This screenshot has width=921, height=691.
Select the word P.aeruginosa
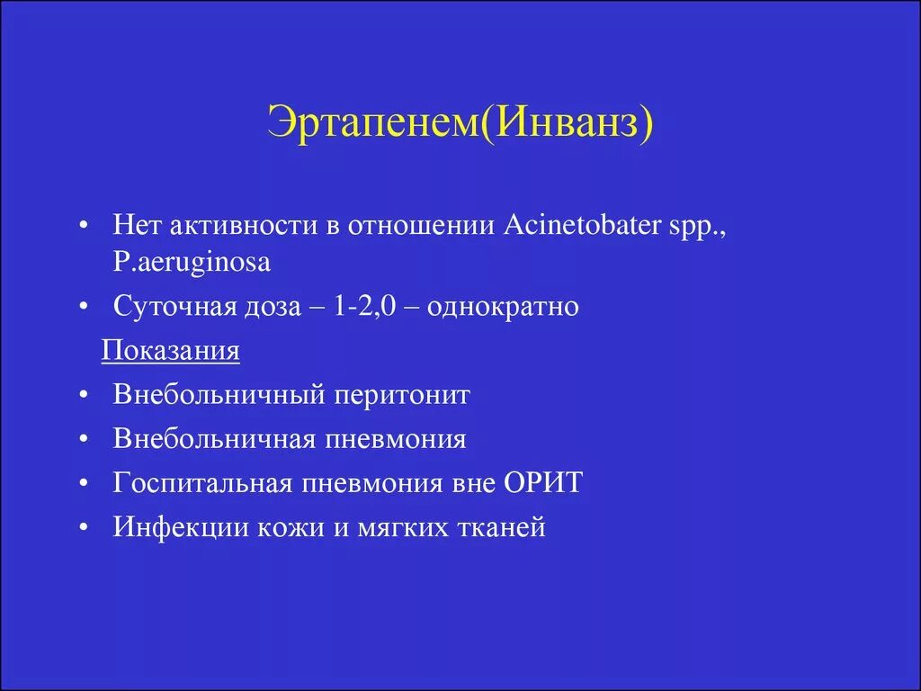click(x=192, y=263)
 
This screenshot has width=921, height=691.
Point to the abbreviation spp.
click(x=702, y=225)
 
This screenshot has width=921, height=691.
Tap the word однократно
click(x=503, y=307)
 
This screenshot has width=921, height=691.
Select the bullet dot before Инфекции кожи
click(x=83, y=528)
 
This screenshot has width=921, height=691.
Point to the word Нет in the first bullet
click(x=134, y=225)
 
